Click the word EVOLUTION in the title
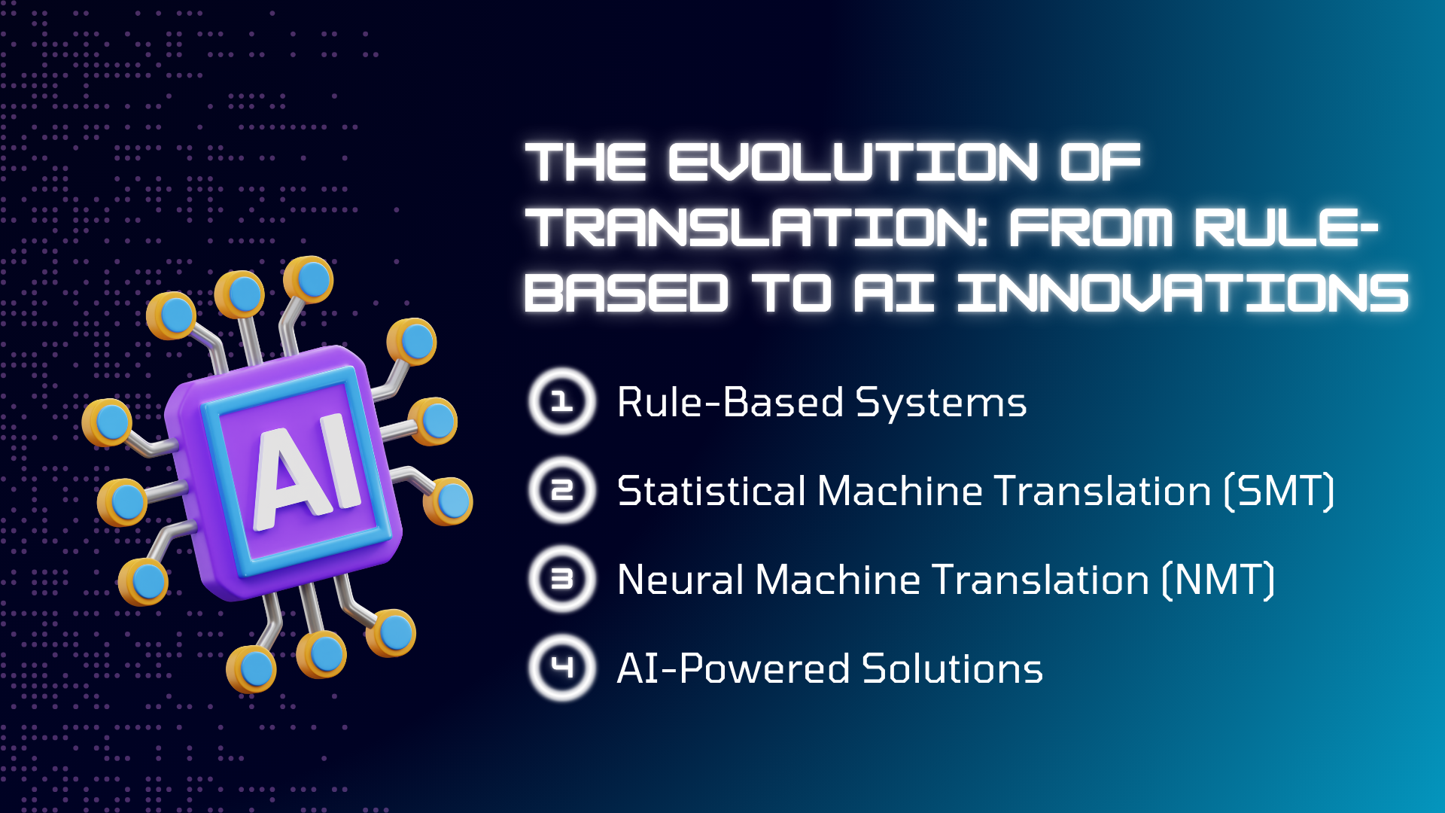(853, 162)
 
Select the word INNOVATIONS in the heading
(1183, 293)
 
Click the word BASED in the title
(627, 293)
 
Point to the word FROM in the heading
(1091, 227)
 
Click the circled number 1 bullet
(562, 401)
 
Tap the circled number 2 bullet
(562, 490)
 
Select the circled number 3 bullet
(562, 579)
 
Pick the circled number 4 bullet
(562, 668)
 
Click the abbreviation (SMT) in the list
(1279, 492)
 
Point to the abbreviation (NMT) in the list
(1218, 580)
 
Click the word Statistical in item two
(711, 491)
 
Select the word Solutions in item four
(952, 668)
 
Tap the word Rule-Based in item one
(730, 402)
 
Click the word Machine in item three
(838, 580)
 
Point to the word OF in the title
(1100, 162)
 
